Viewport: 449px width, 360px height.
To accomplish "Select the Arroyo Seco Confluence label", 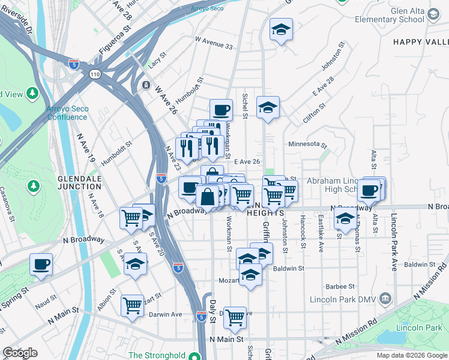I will (x=67, y=113).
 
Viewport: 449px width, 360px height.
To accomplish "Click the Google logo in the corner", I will (x=19, y=353).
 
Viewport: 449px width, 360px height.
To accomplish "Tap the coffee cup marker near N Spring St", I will (x=41, y=265).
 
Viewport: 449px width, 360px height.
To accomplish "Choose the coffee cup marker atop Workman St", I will (x=221, y=110).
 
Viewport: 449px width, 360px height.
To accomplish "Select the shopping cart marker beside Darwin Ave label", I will (x=132, y=305).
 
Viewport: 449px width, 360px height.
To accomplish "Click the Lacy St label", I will (x=157, y=61).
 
